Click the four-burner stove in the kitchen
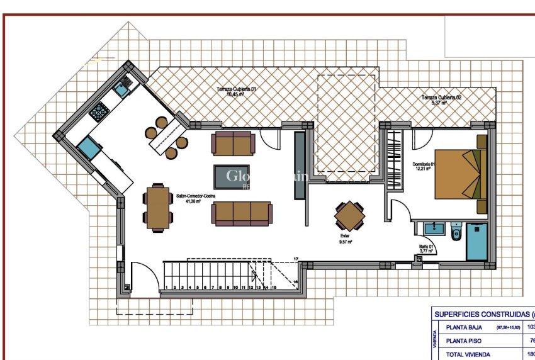pyautogui.click(x=99, y=113)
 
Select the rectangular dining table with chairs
pyautogui.click(x=157, y=205)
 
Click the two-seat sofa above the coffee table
pyautogui.click(x=234, y=143)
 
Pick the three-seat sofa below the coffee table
pyautogui.click(x=242, y=214)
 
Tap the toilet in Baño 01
pyautogui.click(x=456, y=231)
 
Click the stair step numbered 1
pyautogui.click(x=166, y=287)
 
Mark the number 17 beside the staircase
pyautogui.click(x=295, y=259)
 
